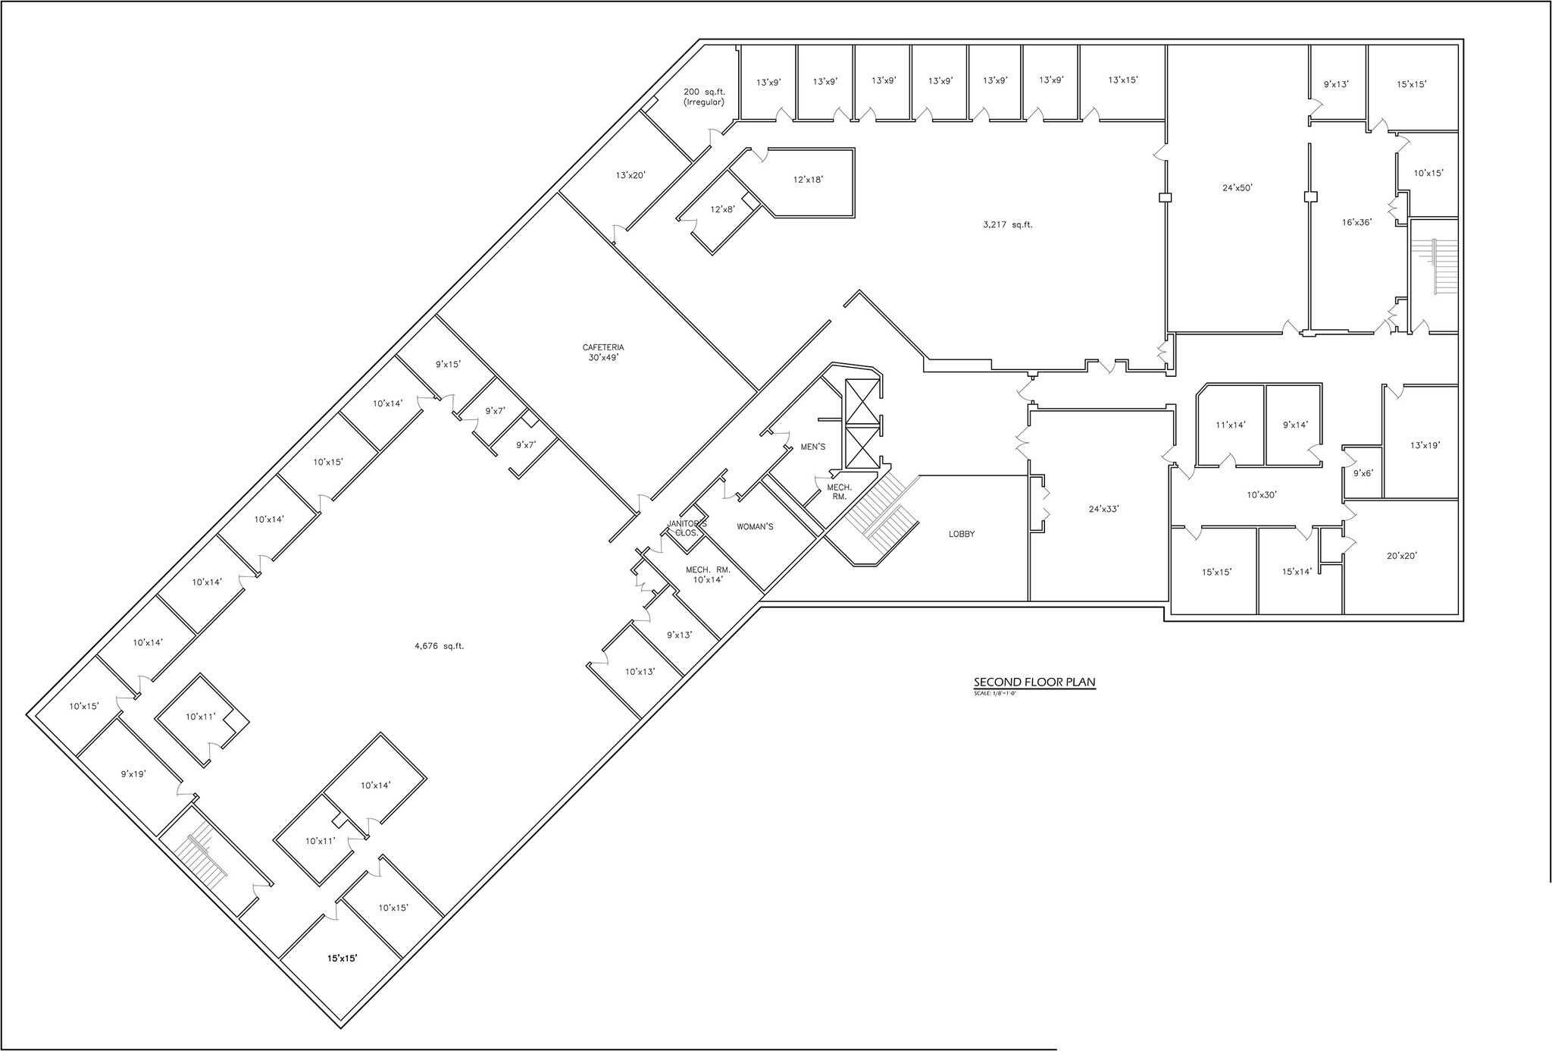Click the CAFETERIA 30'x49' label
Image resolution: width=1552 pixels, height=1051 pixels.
[x=603, y=353]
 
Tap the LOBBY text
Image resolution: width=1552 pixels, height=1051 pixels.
[x=962, y=534]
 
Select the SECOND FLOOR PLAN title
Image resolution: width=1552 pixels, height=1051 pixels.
[x=1034, y=682]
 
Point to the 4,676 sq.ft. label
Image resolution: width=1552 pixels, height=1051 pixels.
[x=439, y=646]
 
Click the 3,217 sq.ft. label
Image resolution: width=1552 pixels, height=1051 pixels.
[x=1008, y=224]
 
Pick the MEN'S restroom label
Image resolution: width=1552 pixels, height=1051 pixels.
[x=812, y=447]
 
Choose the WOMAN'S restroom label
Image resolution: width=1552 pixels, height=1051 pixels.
[x=755, y=526]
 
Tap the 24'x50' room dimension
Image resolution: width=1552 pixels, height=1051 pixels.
[x=1237, y=187]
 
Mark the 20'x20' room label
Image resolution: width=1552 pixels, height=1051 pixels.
[x=1402, y=555]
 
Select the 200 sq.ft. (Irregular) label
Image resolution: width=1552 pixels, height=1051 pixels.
[x=704, y=96]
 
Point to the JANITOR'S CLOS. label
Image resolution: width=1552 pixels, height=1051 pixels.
[x=687, y=528]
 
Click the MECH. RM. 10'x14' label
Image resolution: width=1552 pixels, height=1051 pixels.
[x=708, y=574]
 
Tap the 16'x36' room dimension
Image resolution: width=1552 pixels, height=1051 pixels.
[x=1356, y=222]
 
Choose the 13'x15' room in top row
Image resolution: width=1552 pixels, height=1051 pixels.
[x=1122, y=80]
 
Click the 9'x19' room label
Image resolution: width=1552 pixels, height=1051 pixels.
[x=133, y=774]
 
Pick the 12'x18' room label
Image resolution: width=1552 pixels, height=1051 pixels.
[x=808, y=180]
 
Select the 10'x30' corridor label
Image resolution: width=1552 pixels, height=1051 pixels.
[x=1262, y=494]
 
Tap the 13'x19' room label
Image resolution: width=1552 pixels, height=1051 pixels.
[x=1425, y=445]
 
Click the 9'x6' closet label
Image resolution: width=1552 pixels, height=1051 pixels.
[x=1363, y=472]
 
